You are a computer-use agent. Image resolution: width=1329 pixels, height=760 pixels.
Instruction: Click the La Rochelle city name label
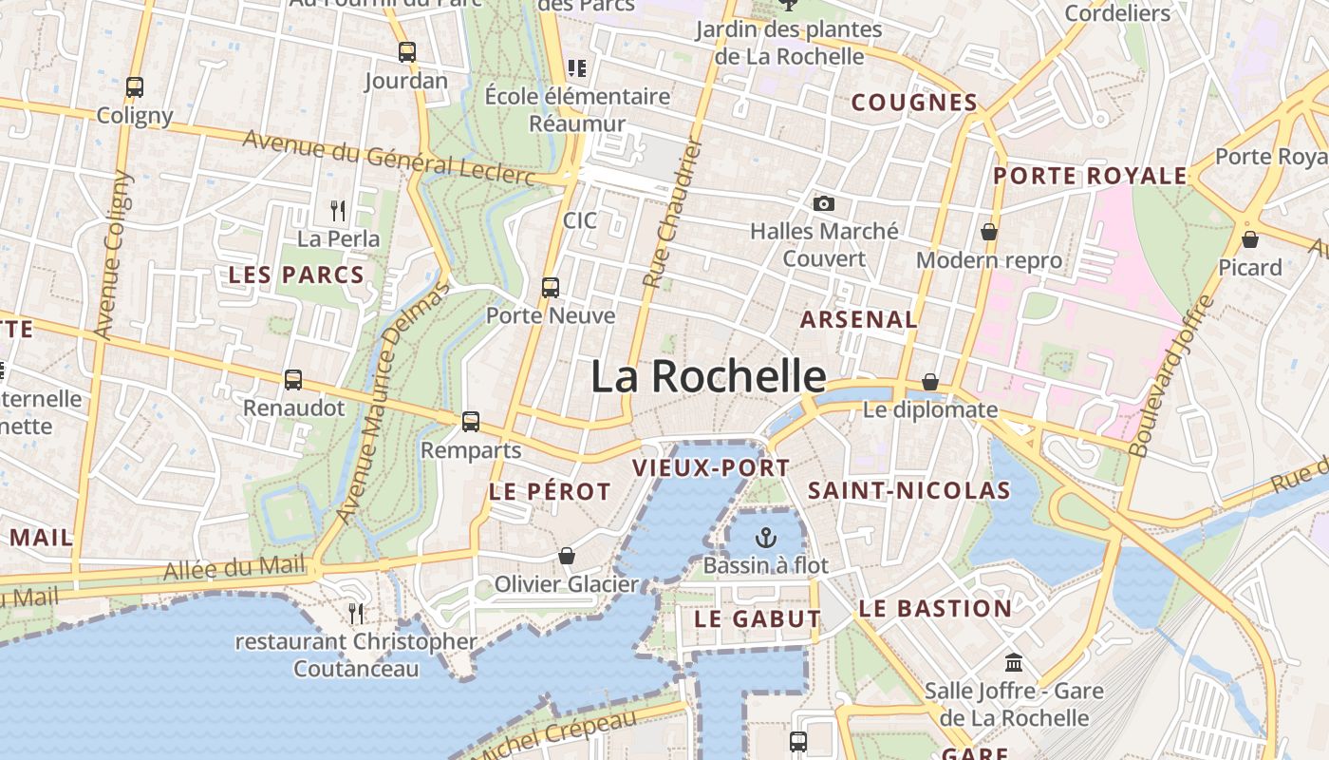pos(708,377)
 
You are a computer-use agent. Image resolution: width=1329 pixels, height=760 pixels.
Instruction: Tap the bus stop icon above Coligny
pos(135,87)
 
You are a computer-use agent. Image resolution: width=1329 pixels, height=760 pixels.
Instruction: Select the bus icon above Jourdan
pos(407,52)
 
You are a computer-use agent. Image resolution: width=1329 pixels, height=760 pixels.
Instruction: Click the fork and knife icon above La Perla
pos(338,210)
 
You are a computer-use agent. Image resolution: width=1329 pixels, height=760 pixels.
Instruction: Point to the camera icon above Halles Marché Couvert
pos(824,203)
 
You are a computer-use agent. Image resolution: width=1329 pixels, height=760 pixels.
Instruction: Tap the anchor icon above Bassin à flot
pos(765,539)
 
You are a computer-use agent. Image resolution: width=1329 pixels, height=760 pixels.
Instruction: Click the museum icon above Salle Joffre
pos(1014,662)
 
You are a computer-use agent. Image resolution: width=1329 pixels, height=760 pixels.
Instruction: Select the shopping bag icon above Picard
pos(1250,239)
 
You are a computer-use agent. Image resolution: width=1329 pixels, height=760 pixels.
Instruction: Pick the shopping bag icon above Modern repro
pos(989,232)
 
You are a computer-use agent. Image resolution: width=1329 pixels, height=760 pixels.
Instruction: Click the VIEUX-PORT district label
pos(711,467)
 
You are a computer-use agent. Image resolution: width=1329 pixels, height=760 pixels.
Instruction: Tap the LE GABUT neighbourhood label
pos(758,618)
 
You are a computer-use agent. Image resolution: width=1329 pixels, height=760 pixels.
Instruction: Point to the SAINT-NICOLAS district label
pos(908,490)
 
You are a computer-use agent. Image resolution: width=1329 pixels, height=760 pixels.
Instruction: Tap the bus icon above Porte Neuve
pos(551,287)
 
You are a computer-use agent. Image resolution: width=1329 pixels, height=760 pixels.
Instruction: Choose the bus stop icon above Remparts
pos(471,422)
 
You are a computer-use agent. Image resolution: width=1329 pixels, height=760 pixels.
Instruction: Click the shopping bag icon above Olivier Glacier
pos(567,556)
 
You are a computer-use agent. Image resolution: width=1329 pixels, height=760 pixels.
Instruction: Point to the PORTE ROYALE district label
pos(1090,176)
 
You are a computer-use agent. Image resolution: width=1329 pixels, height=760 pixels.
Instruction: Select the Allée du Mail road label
pos(234,569)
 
